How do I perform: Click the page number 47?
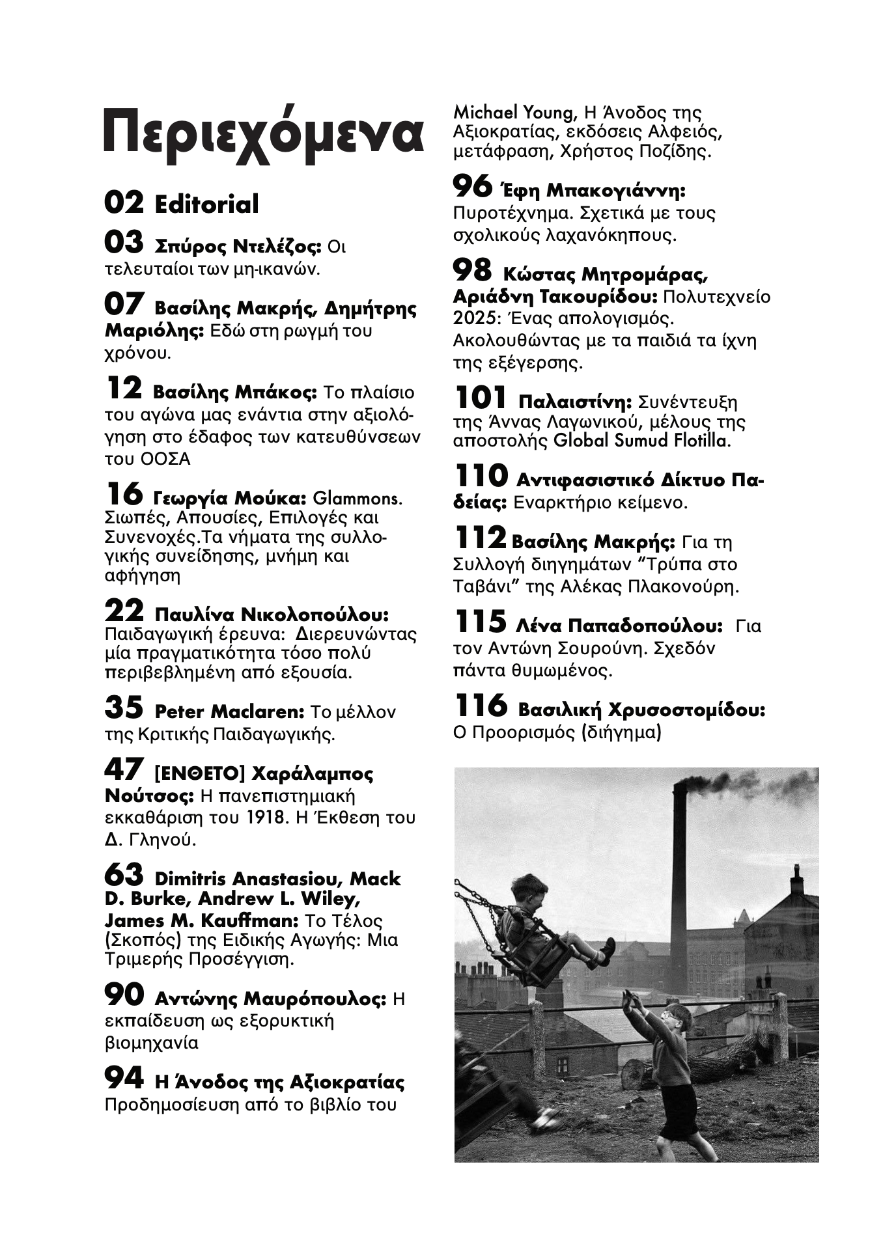click(x=124, y=769)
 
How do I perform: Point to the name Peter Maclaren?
click(x=230, y=711)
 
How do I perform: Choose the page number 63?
click(x=124, y=875)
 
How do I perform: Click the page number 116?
click(x=480, y=706)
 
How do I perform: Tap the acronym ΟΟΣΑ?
click(x=165, y=459)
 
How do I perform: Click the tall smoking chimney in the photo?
click(x=679, y=866)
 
